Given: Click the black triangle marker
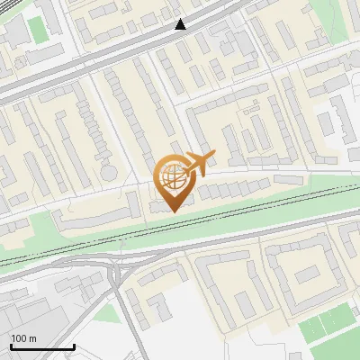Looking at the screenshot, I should (x=181, y=24).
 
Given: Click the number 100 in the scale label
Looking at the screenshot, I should (x=18, y=338).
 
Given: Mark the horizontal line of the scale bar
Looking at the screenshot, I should (x=42, y=346).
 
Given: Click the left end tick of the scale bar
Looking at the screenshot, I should (x=11, y=345).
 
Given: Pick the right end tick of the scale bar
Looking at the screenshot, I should (x=74, y=345).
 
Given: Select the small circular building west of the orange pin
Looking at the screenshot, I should (x=108, y=170).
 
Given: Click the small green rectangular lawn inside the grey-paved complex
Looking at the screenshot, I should (x=37, y=27).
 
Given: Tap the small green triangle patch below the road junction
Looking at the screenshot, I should (x=108, y=312).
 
